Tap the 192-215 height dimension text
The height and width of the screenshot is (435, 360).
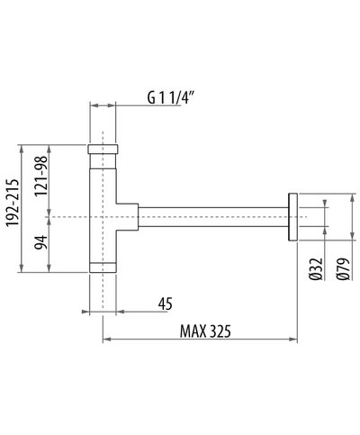point(12,208)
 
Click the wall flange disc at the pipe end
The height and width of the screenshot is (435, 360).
point(292,217)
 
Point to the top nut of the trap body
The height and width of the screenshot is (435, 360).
point(106,149)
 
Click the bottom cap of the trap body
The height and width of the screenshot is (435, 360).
point(106,267)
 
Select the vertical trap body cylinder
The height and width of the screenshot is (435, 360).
point(106,207)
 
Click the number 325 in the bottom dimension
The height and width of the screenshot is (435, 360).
point(218,330)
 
